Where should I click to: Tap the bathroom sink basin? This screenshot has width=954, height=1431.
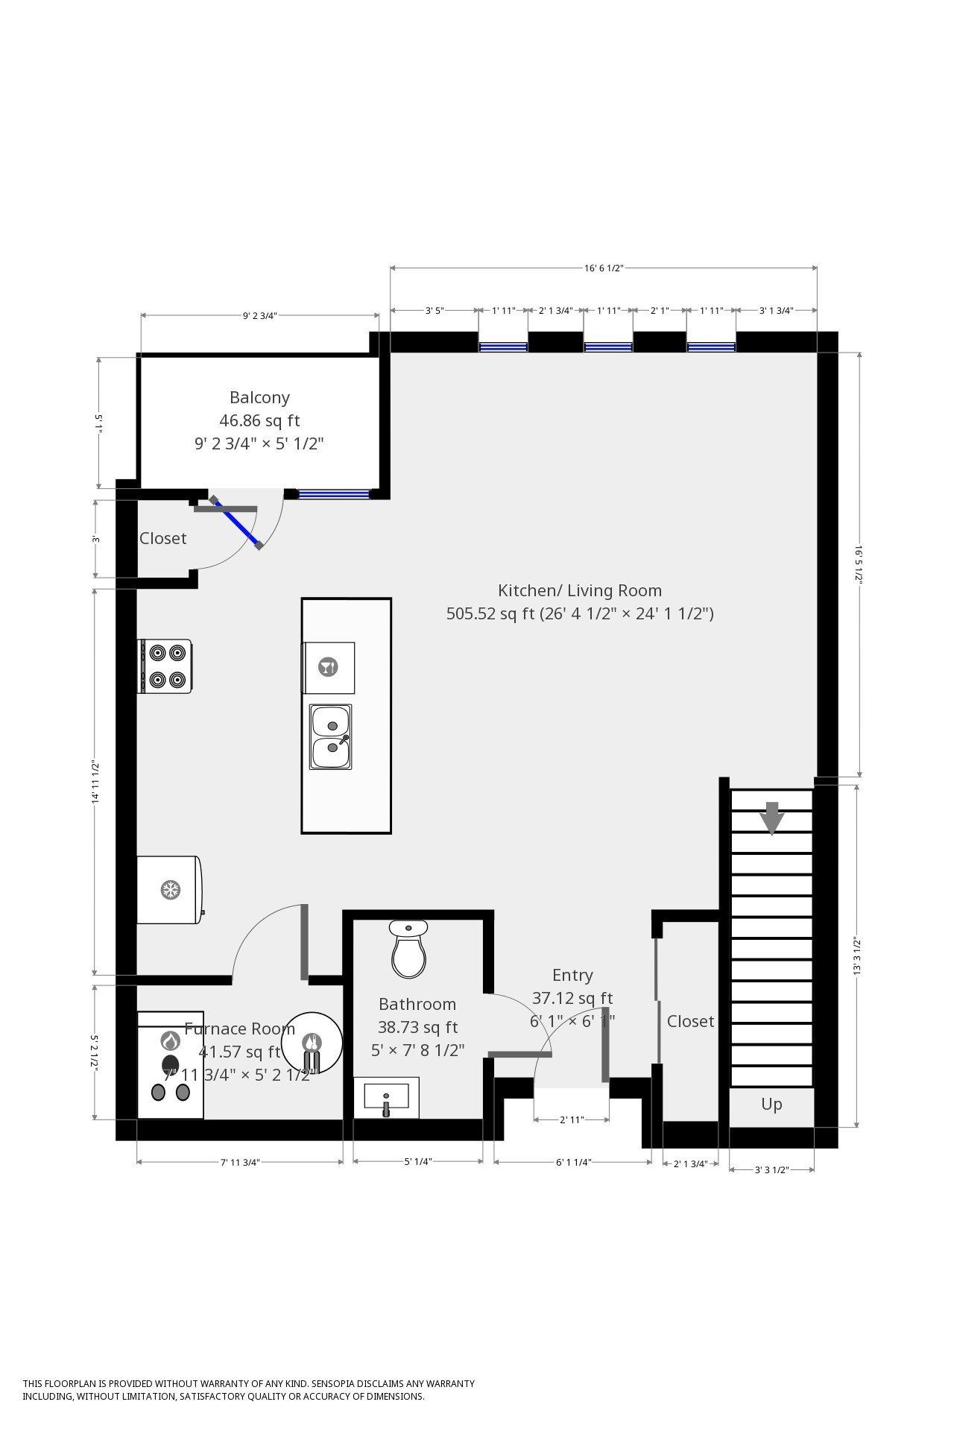(x=386, y=1097)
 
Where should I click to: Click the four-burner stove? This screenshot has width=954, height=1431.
(x=165, y=666)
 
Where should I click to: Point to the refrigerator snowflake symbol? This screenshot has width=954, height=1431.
(x=171, y=889)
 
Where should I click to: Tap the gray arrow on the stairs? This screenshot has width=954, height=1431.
(x=772, y=818)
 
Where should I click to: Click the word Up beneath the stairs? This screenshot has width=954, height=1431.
(x=771, y=1104)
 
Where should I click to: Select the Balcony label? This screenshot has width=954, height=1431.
(x=259, y=397)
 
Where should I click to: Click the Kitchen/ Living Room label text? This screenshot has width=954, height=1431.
(x=580, y=591)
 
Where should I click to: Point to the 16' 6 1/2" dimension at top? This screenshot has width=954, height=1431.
(x=603, y=268)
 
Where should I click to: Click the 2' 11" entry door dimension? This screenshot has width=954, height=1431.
(x=572, y=1119)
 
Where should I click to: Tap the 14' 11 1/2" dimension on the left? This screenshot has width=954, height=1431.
(x=95, y=781)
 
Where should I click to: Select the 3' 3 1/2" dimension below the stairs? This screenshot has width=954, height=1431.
(x=771, y=1169)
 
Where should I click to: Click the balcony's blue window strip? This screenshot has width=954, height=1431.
(x=334, y=493)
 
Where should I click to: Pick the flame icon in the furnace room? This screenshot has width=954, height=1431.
(x=171, y=1040)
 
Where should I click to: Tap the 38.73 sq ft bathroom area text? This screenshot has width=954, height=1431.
(x=417, y=1027)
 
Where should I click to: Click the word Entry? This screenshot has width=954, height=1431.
(x=572, y=975)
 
